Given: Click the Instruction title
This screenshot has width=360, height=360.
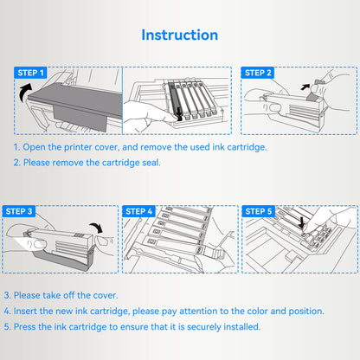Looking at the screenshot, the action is [x=179, y=35].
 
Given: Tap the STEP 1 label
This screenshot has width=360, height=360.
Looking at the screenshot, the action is [x=30, y=73].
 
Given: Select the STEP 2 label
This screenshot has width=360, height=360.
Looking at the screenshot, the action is [x=258, y=73].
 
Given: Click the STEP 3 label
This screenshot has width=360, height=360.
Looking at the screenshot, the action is [x=19, y=211].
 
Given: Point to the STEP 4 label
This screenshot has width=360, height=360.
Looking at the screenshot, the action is [x=138, y=211].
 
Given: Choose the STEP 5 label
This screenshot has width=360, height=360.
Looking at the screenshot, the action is [x=259, y=211].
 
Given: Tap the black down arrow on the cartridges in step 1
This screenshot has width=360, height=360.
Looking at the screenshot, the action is [x=179, y=113].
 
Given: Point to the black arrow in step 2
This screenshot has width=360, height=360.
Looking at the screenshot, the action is [x=305, y=87].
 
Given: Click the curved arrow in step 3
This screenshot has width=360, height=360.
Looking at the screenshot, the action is [x=97, y=227].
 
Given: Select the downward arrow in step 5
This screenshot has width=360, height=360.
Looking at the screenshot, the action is [x=301, y=223].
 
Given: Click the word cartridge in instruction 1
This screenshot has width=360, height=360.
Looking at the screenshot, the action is [x=247, y=147].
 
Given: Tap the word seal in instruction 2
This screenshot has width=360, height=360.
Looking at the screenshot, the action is [x=151, y=163].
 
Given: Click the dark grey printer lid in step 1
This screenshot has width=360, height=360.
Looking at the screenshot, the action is [x=76, y=101].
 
